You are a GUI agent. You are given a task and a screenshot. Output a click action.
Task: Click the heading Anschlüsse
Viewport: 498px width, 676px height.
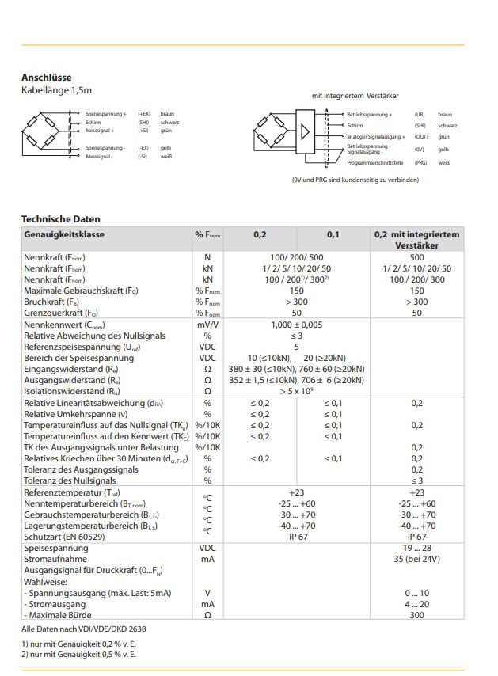click(47, 78)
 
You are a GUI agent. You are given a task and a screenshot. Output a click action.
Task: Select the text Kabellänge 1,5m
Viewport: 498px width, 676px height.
click(57, 90)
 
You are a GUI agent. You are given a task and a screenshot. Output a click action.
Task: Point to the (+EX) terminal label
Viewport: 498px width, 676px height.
click(144, 115)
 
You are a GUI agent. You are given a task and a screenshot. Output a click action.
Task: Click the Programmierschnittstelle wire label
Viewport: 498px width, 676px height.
click(375, 162)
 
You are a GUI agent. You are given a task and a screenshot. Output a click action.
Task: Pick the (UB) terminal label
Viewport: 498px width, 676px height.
click(420, 115)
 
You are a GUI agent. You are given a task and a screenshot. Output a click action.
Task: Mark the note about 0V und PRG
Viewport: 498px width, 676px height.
click(355, 180)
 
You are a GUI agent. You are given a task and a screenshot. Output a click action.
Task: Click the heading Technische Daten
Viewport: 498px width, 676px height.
click(61, 219)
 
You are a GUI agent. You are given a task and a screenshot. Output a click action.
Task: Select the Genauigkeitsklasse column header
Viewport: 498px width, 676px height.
click(64, 235)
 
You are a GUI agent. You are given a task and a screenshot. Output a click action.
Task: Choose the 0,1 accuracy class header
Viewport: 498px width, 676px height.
click(333, 235)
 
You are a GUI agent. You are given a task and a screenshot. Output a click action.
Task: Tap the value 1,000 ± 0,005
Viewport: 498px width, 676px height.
click(296, 325)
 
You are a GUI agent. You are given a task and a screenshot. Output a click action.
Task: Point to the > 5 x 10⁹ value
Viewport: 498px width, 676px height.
click(296, 391)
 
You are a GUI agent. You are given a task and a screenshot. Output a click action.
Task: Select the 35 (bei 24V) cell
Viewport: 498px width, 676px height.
click(416, 559)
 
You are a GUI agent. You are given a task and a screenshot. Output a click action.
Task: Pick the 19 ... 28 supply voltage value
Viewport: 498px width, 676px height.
click(416, 548)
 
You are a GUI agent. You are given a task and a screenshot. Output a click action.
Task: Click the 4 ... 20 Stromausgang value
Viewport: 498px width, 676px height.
click(416, 604)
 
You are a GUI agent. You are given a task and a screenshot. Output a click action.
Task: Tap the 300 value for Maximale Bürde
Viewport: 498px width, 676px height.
click(416, 615)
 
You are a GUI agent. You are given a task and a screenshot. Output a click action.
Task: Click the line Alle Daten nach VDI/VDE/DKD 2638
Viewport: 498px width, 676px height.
click(83, 629)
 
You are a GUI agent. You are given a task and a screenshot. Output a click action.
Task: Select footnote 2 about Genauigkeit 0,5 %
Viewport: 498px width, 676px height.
click(78, 654)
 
